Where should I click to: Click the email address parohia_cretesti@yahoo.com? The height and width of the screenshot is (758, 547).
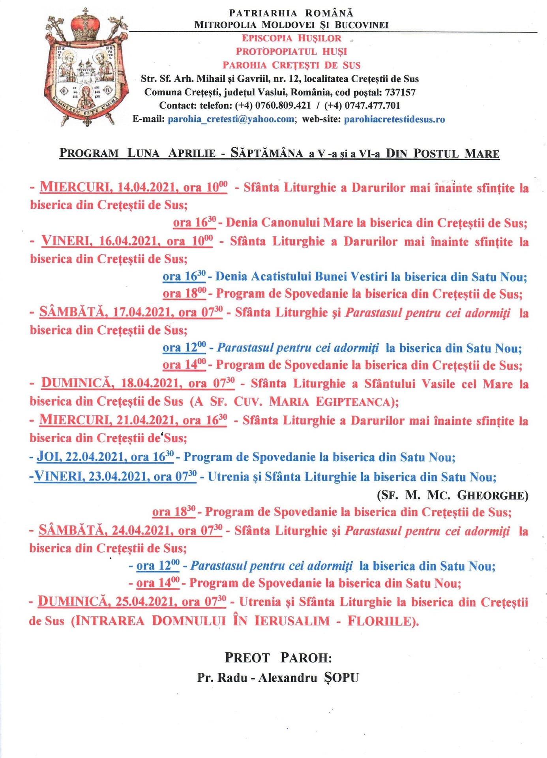231,119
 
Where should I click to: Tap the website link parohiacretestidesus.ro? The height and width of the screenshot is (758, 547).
394,119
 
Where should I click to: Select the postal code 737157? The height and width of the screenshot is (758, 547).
400,92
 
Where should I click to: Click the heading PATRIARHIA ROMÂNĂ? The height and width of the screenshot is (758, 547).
291,14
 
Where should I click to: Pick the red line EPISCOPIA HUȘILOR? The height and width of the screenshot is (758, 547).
291,38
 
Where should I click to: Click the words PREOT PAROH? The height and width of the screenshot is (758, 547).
278,658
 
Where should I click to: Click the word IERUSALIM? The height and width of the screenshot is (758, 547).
292,621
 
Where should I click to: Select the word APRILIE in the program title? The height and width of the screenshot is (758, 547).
192,153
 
